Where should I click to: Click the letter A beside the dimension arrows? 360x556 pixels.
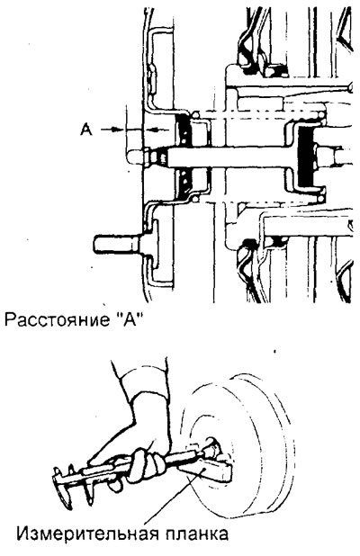(x=87, y=129)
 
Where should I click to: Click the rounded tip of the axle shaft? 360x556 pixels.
(x=134, y=157)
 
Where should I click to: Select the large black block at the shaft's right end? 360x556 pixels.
(x=306, y=157)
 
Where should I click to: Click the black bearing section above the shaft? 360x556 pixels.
(x=184, y=131)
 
